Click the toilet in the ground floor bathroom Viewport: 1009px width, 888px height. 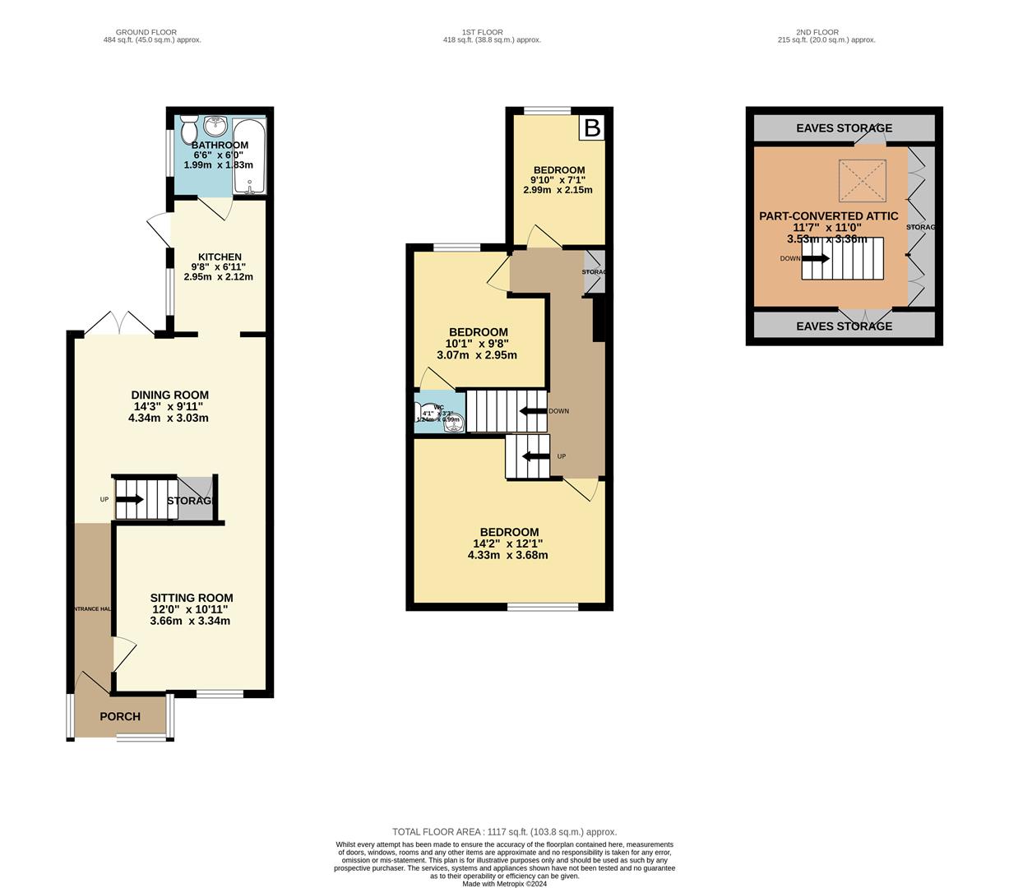188,130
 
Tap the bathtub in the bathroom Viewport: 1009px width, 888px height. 248,156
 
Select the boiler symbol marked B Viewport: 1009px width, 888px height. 592,127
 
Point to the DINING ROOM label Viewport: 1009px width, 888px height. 169,395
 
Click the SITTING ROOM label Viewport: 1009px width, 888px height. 191,598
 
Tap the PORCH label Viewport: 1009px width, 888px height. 120,716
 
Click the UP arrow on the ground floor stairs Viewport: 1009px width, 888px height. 130,499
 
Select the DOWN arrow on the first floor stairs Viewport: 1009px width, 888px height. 533,411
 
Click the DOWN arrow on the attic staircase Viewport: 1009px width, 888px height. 815,258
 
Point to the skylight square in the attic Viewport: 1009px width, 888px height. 863,180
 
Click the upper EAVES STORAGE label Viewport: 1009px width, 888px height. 844,128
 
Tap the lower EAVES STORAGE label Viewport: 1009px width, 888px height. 844,326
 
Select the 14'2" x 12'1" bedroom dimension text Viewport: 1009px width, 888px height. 507,543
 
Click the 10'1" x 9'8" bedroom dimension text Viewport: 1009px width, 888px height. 477,344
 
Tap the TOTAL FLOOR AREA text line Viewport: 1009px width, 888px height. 504,832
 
